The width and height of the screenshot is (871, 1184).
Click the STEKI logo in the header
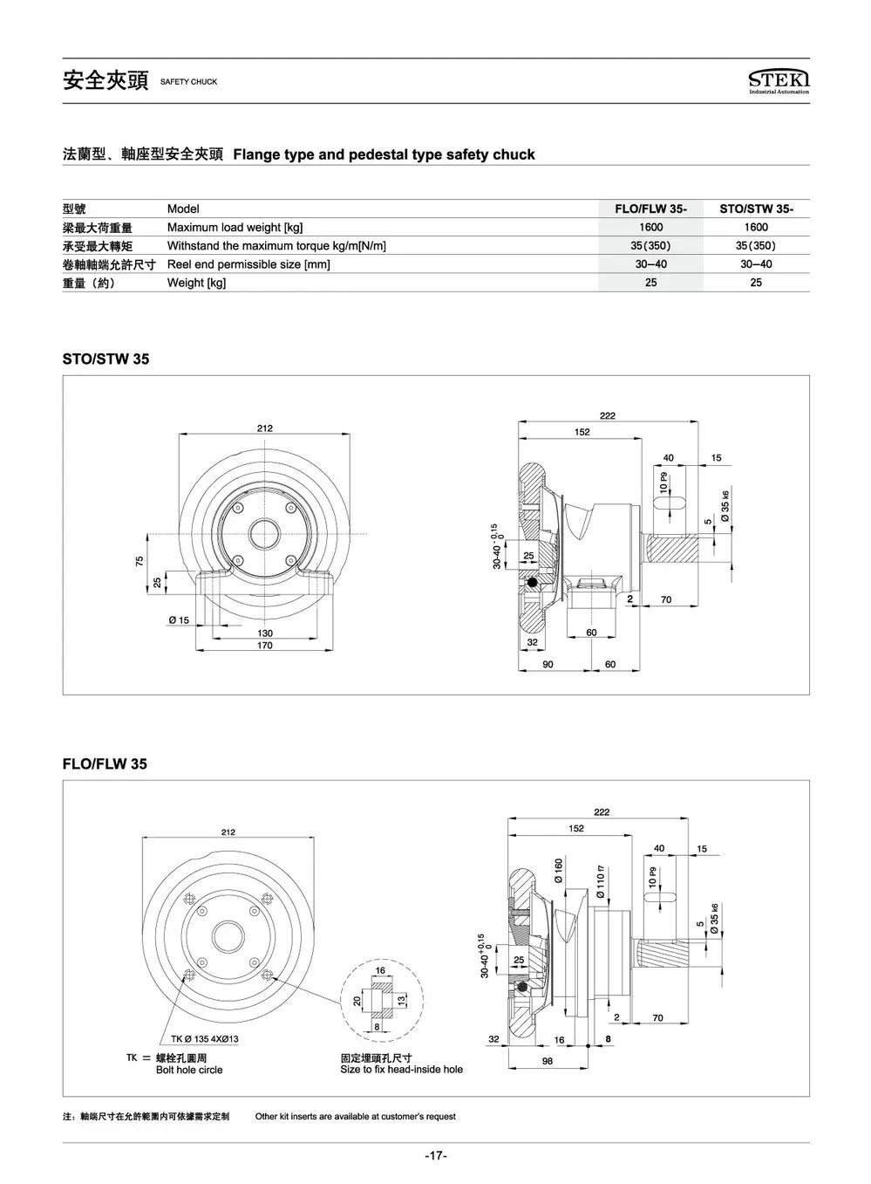[x=779, y=81]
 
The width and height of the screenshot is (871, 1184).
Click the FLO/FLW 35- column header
[x=650, y=209]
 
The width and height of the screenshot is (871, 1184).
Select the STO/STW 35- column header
[x=756, y=209]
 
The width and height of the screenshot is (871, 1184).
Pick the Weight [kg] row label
[x=196, y=283]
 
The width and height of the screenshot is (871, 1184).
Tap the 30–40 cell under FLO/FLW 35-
[x=650, y=263]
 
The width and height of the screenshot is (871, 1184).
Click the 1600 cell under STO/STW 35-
[x=756, y=227]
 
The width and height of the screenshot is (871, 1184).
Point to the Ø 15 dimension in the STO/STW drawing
[x=179, y=620]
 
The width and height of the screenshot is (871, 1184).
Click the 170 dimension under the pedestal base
[x=265, y=646]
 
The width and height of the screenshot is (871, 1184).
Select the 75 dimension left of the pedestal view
[x=139, y=561]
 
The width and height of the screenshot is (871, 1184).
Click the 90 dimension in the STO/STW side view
[x=548, y=664]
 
